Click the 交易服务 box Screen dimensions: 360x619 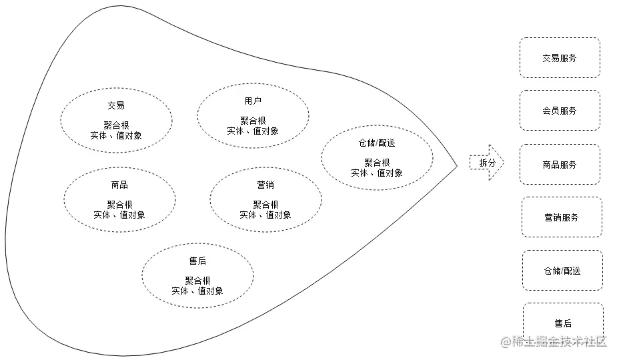(560, 58)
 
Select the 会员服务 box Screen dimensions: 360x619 (560, 111)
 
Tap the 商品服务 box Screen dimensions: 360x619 (560, 165)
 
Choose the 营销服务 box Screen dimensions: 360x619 (561, 217)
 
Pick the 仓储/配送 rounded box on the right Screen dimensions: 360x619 (562, 271)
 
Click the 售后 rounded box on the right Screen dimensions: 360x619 (563, 323)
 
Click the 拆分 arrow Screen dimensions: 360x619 (486, 163)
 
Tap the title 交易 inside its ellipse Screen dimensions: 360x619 (116, 105)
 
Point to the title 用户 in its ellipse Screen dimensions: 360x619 (253, 101)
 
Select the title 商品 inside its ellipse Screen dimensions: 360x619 (119, 185)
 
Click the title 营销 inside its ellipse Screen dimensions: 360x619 (265, 185)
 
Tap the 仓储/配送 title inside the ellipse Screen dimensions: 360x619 (377, 143)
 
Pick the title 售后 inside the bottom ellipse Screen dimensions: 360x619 (197, 261)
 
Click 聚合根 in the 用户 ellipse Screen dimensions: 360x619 (253, 121)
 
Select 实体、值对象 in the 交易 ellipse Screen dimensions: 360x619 (116, 135)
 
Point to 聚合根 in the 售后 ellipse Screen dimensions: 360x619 (197, 281)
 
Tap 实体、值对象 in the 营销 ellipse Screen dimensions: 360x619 (265, 215)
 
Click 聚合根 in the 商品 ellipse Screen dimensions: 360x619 (119, 205)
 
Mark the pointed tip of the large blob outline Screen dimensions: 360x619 (457, 165)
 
